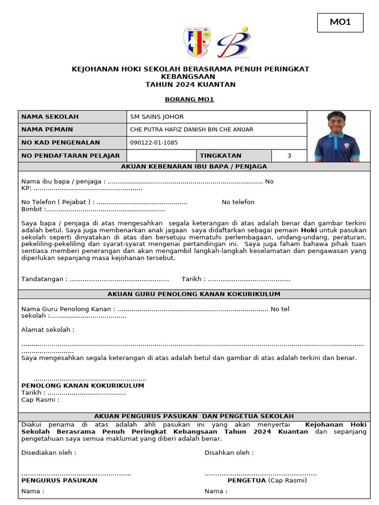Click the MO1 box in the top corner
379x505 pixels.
pos(340,23)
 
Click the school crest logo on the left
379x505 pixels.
pos(197,42)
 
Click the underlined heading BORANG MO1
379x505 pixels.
pos(189,99)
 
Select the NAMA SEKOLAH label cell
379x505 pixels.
pos(73,117)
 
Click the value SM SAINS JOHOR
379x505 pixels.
pos(156,117)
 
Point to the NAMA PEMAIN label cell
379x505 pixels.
pos(73,130)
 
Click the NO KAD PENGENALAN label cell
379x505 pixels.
pos(73,143)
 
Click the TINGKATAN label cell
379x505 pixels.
pos(220,156)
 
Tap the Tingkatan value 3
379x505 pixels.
pos(289,156)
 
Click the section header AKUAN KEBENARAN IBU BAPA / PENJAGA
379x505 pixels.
pos(194,167)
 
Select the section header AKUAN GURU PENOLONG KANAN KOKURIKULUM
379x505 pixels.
pos(194,294)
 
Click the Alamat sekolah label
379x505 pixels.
pos(48,329)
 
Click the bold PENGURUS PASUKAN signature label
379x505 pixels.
pos(59,480)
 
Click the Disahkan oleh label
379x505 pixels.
pos(229,453)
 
